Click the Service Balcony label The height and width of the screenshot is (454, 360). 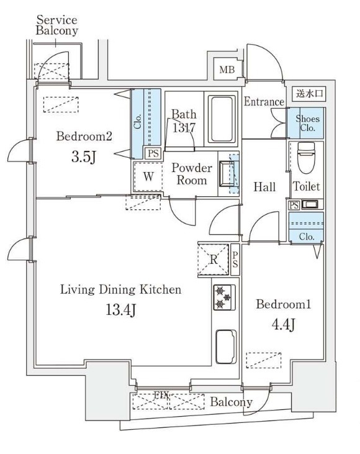pyautogui.click(x=57, y=25)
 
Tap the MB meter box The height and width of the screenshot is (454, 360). pyautogui.click(x=227, y=70)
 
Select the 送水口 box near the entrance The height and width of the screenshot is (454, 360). pyautogui.click(x=309, y=94)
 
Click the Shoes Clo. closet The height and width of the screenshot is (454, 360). pyautogui.click(x=305, y=123)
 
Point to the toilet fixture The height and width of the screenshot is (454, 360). pyautogui.click(x=306, y=158)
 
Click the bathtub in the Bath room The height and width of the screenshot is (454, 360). pyautogui.click(x=222, y=119)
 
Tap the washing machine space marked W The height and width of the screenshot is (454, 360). pyautogui.click(x=148, y=176)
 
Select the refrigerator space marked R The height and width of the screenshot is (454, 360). pyautogui.click(x=214, y=260)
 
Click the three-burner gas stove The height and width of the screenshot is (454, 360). pyautogui.click(x=224, y=297)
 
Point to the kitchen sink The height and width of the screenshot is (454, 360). pyautogui.click(x=226, y=347)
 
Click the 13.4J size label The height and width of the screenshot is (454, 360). pyautogui.click(x=120, y=310)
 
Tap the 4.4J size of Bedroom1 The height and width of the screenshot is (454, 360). pyautogui.click(x=283, y=324)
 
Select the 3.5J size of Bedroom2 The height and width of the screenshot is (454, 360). pyautogui.click(x=84, y=157)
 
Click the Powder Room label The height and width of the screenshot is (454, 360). pyautogui.click(x=192, y=174)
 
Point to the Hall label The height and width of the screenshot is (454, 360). pyautogui.click(x=264, y=187)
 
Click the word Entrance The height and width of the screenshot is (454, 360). pyautogui.click(x=264, y=102)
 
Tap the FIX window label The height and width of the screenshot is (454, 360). pyautogui.click(x=161, y=395)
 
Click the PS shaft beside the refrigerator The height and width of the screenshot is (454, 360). pyautogui.click(x=235, y=260)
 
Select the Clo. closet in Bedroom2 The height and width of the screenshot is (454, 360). pyautogui.click(x=146, y=124)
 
